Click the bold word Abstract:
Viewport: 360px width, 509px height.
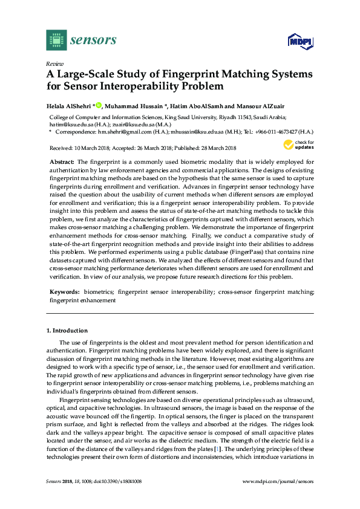point(61,163)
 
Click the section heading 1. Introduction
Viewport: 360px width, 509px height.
point(67,331)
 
